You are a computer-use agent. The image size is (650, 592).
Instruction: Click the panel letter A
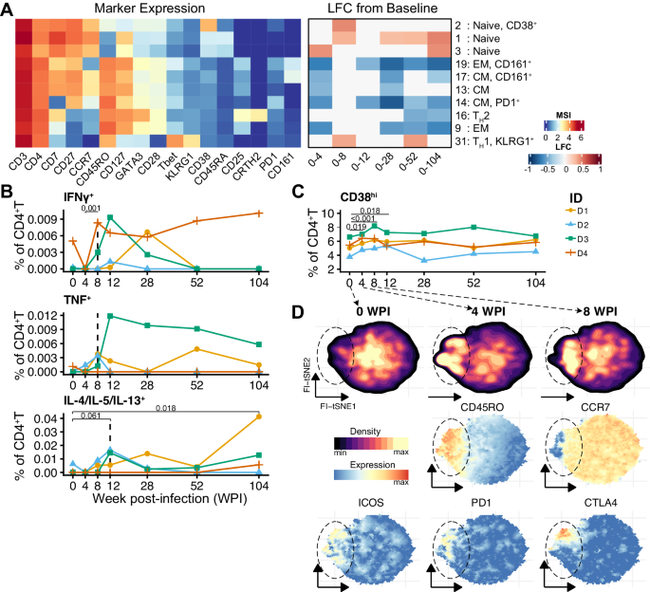(8, 9)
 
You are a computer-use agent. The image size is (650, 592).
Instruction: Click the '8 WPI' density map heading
(571, 310)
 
